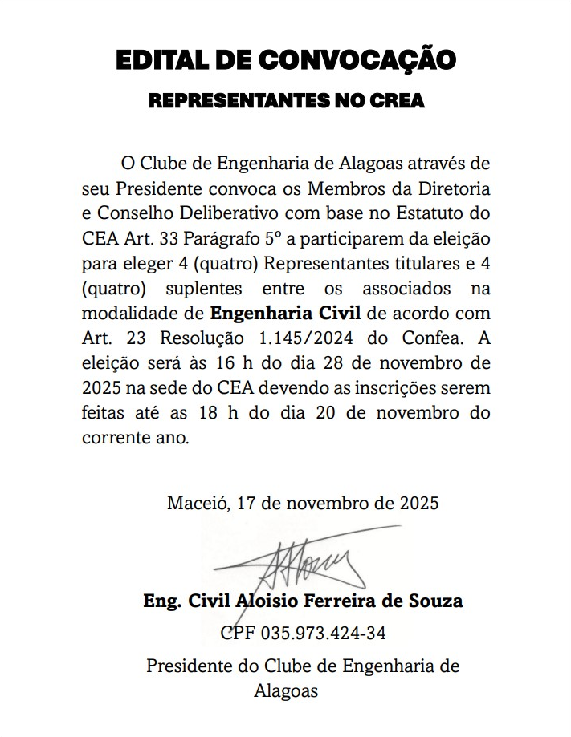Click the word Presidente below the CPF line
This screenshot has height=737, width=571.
click(186, 666)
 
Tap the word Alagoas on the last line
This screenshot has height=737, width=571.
click(286, 690)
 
